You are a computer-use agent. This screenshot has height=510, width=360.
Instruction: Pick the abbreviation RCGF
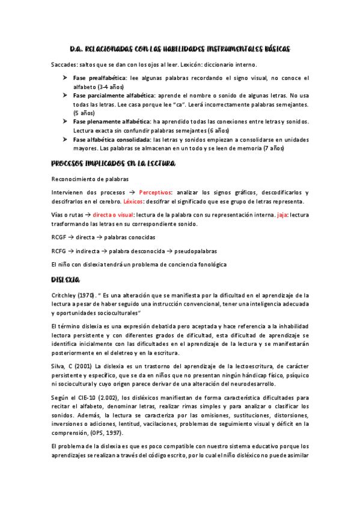(59, 237)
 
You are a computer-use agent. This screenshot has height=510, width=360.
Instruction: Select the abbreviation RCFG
(59, 251)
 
